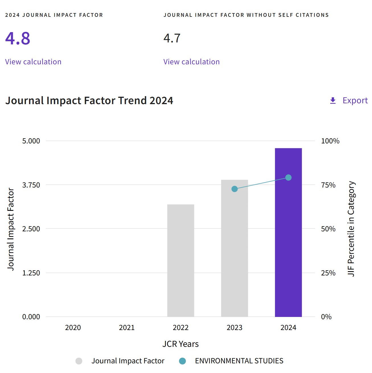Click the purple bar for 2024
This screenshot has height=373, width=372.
[288, 242]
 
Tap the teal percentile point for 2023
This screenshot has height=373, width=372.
[234, 189]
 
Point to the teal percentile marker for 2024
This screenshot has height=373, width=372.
[288, 178]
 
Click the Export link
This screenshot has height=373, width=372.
[355, 100]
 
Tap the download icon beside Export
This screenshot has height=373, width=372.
[333, 101]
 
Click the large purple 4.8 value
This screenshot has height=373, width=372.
[18, 38]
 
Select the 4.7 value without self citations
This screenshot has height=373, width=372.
[172, 38]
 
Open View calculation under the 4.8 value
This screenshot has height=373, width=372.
[33, 62]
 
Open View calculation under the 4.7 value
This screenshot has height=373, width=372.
[192, 62]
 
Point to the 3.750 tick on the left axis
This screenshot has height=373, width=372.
[31, 185]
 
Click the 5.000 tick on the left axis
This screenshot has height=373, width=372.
[31, 141]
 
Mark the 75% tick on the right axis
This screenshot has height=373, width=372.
[328, 185]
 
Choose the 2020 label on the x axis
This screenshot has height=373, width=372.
[73, 327]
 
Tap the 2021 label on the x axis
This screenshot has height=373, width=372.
[127, 327]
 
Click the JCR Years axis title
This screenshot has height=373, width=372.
[180, 344]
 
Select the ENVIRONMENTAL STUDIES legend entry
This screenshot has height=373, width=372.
[239, 361]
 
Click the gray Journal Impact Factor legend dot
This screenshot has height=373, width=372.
[79, 361]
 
